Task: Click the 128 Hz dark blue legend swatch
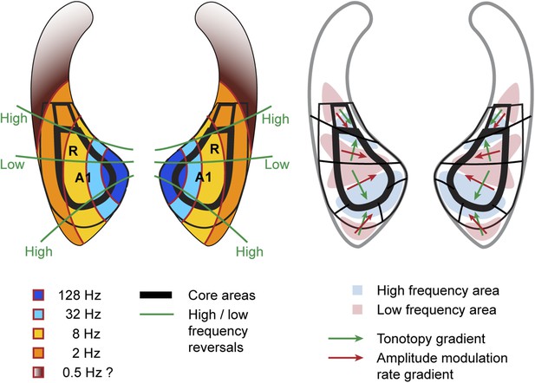tap(38, 295)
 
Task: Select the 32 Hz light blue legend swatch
tap(38, 314)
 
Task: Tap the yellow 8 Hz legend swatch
tap(38, 334)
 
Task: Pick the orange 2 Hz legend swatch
tap(38, 353)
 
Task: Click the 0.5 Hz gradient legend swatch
tap(38, 373)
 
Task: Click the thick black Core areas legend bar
tap(155, 295)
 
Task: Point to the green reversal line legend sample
tap(157, 314)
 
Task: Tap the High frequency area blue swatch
tap(357, 290)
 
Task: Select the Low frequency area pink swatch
tap(357, 309)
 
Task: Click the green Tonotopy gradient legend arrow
tap(346, 339)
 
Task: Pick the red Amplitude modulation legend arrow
tap(346, 358)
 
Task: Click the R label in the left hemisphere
tap(73, 151)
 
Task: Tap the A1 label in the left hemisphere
tap(83, 178)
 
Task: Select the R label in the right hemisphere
tap(214, 149)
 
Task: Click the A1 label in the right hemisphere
tap(204, 178)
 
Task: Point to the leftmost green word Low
tap(12, 165)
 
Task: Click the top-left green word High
tap(14, 119)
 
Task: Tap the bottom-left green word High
tap(39, 251)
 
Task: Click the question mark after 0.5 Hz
tap(109, 373)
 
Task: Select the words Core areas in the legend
tap(222, 295)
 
